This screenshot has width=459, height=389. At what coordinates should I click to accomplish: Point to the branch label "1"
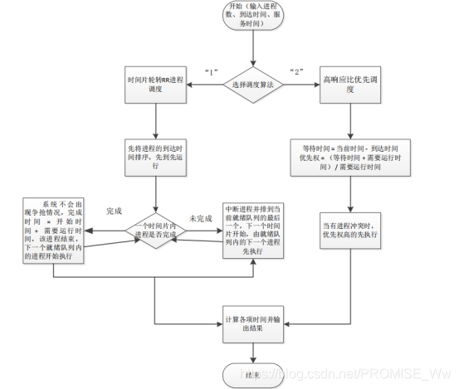coord(211,71)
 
